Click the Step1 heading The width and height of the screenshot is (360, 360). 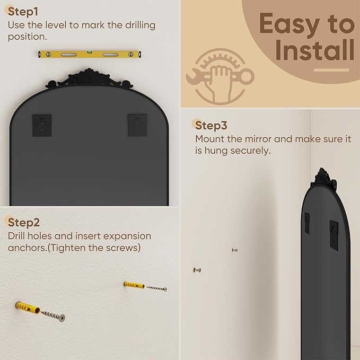click(23, 12)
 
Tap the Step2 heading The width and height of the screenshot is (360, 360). click(24, 222)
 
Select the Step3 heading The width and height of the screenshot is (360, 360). click(211, 125)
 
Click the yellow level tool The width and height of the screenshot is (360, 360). click(90, 55)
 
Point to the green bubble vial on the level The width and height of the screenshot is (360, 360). click(89, 52)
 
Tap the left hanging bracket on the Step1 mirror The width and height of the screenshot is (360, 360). click(42, 125)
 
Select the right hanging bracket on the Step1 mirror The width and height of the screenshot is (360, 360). click(137, 125)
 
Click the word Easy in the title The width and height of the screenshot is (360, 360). click(289, 24)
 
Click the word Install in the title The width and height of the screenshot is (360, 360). click(315, 50)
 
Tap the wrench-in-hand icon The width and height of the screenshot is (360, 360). click(220, 76)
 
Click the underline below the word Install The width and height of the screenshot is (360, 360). click(331, 70)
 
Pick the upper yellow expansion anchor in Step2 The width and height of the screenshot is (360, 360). click(134, 285)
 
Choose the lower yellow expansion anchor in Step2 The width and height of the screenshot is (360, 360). click(28, 308)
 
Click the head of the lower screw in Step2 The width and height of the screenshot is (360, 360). click(62, 318)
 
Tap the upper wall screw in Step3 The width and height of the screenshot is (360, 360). click(235, 250)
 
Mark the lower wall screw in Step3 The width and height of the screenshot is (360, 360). click(197, 270)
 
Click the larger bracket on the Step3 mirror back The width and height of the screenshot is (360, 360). click(334, 235)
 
